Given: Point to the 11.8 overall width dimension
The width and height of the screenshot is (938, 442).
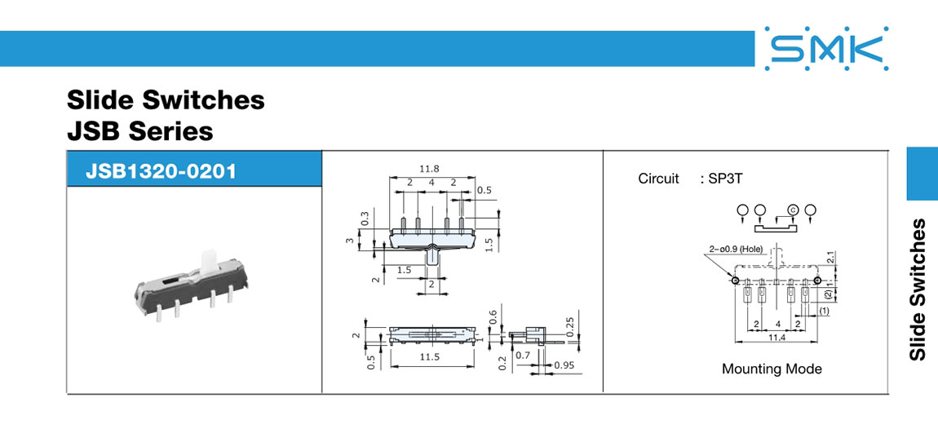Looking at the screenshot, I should tap(429, 169).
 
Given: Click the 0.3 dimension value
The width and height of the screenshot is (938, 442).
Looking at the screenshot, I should tap(365, 219).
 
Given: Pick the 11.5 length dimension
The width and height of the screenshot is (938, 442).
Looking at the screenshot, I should tap(429, 357).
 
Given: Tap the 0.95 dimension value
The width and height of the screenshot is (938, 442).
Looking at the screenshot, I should tap(563, 365).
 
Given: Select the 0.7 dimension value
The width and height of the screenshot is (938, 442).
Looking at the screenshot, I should tap(523, 355).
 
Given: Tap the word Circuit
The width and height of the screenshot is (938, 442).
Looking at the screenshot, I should tap(658, 179).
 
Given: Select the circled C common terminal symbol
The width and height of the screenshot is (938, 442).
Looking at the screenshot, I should tap(792, 210).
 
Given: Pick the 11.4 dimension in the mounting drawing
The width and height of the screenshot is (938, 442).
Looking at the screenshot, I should tap(777, 336).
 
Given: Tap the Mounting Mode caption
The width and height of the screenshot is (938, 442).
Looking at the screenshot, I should tap(772, 369).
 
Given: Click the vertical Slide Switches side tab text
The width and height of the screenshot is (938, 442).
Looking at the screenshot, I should tap(918, 290).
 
